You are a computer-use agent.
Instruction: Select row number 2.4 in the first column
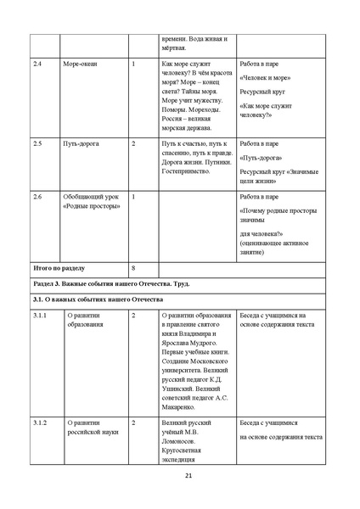[37, 64]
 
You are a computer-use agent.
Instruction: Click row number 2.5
[37, 144]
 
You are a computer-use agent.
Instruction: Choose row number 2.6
[37, 197]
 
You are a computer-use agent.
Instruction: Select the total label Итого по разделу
[60, 266]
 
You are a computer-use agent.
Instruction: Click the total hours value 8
[134, 266]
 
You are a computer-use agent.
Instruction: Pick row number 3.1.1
[40, 316]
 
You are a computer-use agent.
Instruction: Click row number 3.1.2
[40, 422]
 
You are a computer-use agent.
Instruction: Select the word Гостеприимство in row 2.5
[186, 172]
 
